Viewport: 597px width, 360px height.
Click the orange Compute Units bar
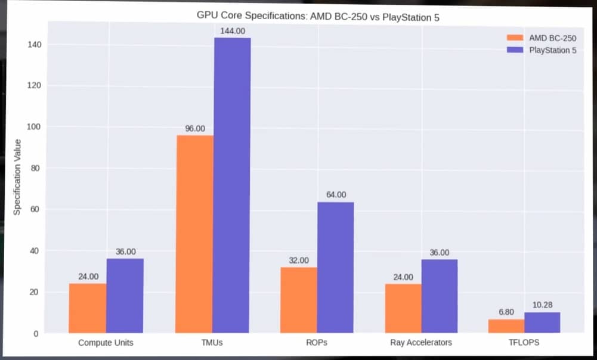[x=88, y=308]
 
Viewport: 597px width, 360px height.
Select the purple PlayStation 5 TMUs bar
[x=232, y=185]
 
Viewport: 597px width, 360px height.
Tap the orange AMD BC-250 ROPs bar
[x=298, y=300]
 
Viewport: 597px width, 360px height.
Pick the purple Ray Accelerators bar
[x=440, y=296]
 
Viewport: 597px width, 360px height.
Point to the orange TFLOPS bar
[x=507, y=326]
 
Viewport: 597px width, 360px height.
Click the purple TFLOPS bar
[x=543, y=322]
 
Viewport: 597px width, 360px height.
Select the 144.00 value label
[x=233, y=31]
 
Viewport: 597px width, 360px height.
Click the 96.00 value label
[x=195, y=129]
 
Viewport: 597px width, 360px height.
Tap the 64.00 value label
[x=336, y=195]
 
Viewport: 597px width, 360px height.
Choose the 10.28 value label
[x=543, y=305]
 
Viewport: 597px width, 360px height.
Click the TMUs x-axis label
[x=213, y=343]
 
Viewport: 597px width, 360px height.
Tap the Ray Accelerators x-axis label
[x=421, y=343]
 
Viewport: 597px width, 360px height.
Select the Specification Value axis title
[x=18, y=177]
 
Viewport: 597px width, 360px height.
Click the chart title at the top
[x=318, y=17]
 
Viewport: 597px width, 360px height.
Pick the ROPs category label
[x=317, y=343]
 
